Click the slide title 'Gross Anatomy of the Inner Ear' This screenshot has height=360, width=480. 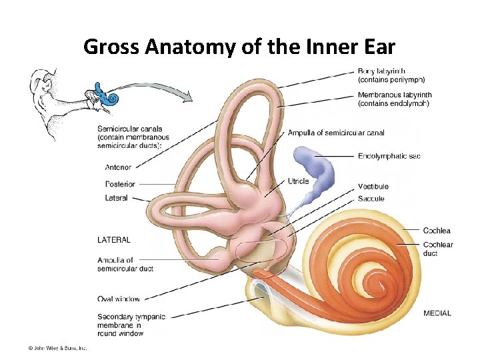point(239,47)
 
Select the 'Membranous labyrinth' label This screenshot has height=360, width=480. point(395,95)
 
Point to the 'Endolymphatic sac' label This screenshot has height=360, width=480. point(389,156)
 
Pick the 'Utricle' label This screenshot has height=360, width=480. point(298,181)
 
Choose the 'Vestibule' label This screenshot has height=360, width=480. point(373,186)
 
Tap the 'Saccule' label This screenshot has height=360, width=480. point(371,198)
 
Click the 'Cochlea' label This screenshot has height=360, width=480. point(437,231)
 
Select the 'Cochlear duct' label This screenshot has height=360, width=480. point(437,245)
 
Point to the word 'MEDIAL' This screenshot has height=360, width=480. point(437,313)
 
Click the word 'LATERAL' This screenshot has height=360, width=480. point(114,239)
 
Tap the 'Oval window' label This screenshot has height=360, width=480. point(119,299)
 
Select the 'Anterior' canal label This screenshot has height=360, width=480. point(118,167)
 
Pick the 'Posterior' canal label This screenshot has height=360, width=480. point(120,184)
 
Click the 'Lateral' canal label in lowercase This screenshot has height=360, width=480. point(116,198)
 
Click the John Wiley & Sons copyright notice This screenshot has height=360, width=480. point(57,347)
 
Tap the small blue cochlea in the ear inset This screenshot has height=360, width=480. point(111,98)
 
